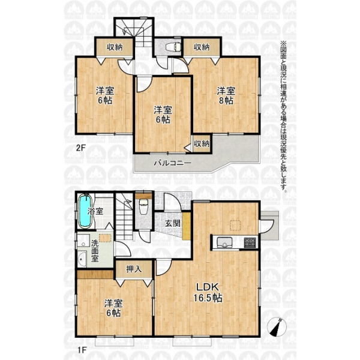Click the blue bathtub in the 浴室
tap(85, 211)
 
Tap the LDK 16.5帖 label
tap(208, 292)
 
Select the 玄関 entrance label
tap(173, 223)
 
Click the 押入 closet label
tap(134, 269)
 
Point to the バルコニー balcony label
tap(173, 163)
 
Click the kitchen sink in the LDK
tap(224, 242)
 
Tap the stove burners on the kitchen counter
tap(250, 242)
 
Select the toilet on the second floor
tap(174, 47)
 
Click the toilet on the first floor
tap(143, 206)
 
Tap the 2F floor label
tap(80, 148)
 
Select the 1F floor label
tap(82, 350)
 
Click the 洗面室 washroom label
tap(95, 251)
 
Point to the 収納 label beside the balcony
tap(202, 143)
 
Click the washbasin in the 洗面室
tap(82, 259)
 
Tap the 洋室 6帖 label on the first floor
tap(113, 308)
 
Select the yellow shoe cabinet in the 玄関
tap(187, 226)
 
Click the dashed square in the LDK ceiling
tap(235, 225)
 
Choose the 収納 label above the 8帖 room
tap(202, 47)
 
